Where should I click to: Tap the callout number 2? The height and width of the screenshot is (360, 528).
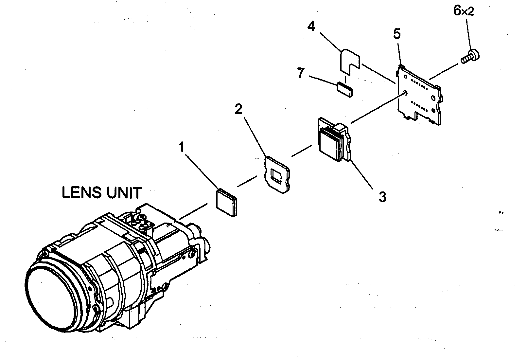click(239, 109)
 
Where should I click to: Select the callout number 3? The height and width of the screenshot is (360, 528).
click(382, 197)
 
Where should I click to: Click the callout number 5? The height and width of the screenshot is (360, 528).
click(397, 34)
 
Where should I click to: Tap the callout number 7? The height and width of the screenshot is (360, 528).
click(301, 73)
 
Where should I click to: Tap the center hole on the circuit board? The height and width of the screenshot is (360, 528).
click(406, 93)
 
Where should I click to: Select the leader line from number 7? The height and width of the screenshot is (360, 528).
click(322, 81)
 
